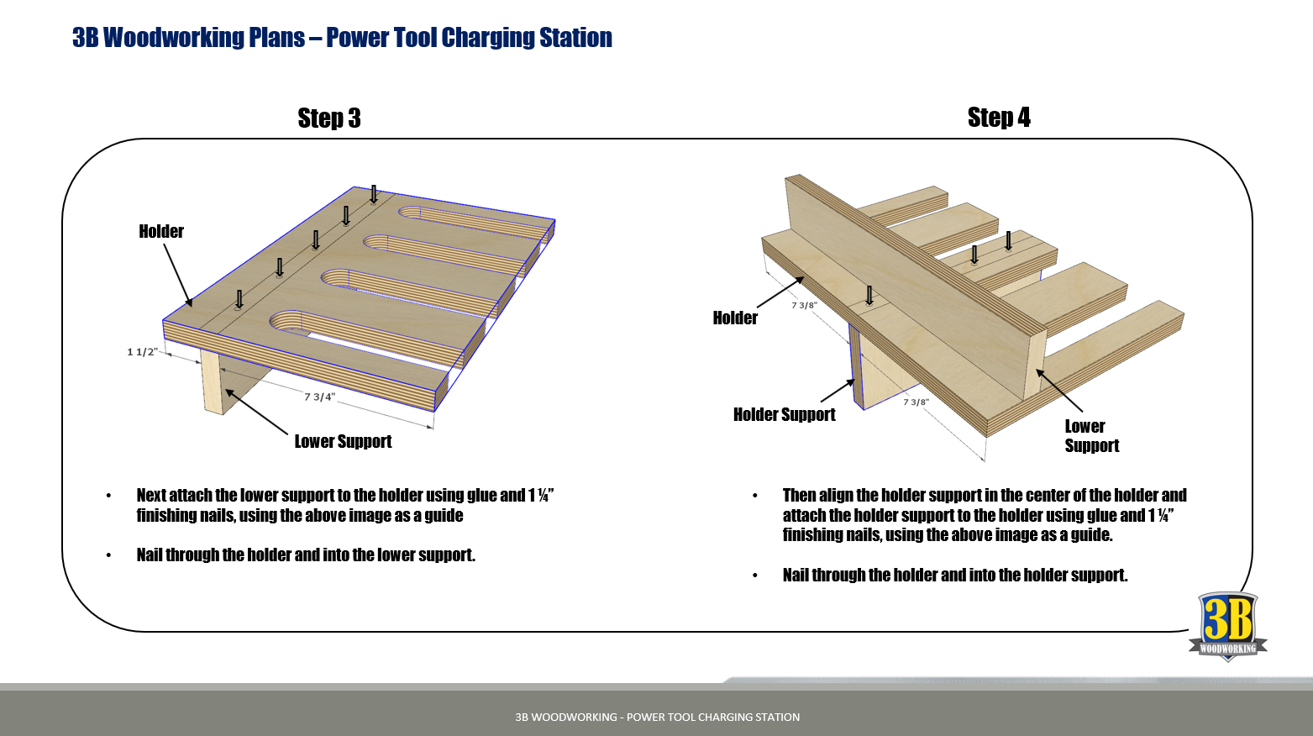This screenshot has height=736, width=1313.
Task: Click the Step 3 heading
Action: pyautogui.click(x=329, y=118)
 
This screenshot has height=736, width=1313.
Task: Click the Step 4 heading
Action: pyautogui.click(x=999, y=118)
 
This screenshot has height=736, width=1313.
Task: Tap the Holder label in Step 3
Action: pyautogui.click(x=161, y=231)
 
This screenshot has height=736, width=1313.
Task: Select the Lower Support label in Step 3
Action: pyautogui.click(x=343, y=441)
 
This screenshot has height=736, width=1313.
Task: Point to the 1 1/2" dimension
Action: pyautogui.click(x=142, y=351)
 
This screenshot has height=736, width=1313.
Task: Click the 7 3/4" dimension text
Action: pyautogui.click(x=319, y=397)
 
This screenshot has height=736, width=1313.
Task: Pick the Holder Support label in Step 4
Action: pyautogui.click(x=784, y=414)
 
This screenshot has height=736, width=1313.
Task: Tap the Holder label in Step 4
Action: pyautogui.click(x=735, y=318)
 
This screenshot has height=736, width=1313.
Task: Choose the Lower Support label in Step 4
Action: pyautogui.click(x=1091, y=436)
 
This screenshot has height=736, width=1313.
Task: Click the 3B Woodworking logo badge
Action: pyautogui.click(x=1227, y=626)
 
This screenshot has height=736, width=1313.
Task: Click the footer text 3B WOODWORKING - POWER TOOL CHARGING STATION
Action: pyautogui.click(x=657, y=717)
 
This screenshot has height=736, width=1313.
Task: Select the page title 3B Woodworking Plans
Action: pyautogui.click(x=342, y=38)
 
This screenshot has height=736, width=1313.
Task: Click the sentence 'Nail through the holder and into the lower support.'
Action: pyautogui.click(x=306, y=555)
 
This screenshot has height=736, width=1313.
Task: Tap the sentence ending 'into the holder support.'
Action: pyautogui.click(x=955, y=575)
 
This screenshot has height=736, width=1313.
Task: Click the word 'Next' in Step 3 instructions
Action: pyautogui.click(x=151, y=495)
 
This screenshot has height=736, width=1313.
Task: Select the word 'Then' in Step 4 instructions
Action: pyautogui.click(x=799, y=495)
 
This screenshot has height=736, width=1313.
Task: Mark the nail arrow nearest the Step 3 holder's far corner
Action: pyautogui.click(x=374, y=194)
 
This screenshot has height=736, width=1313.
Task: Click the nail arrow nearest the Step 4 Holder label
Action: pyautogui.click(x=869, y=295)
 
